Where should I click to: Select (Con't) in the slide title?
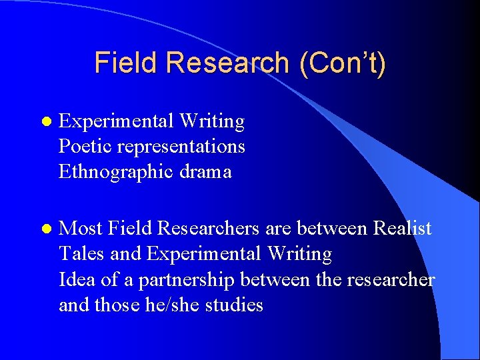[343, 63]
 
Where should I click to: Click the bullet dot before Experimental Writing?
[45, 122]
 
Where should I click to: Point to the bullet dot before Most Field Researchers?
[45, 229]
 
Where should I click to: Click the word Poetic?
[79, 147]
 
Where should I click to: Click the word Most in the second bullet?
[80, 229]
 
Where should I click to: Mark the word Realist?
[402, 229]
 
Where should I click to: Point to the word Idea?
[77, 280]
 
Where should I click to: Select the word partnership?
[185, 280]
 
